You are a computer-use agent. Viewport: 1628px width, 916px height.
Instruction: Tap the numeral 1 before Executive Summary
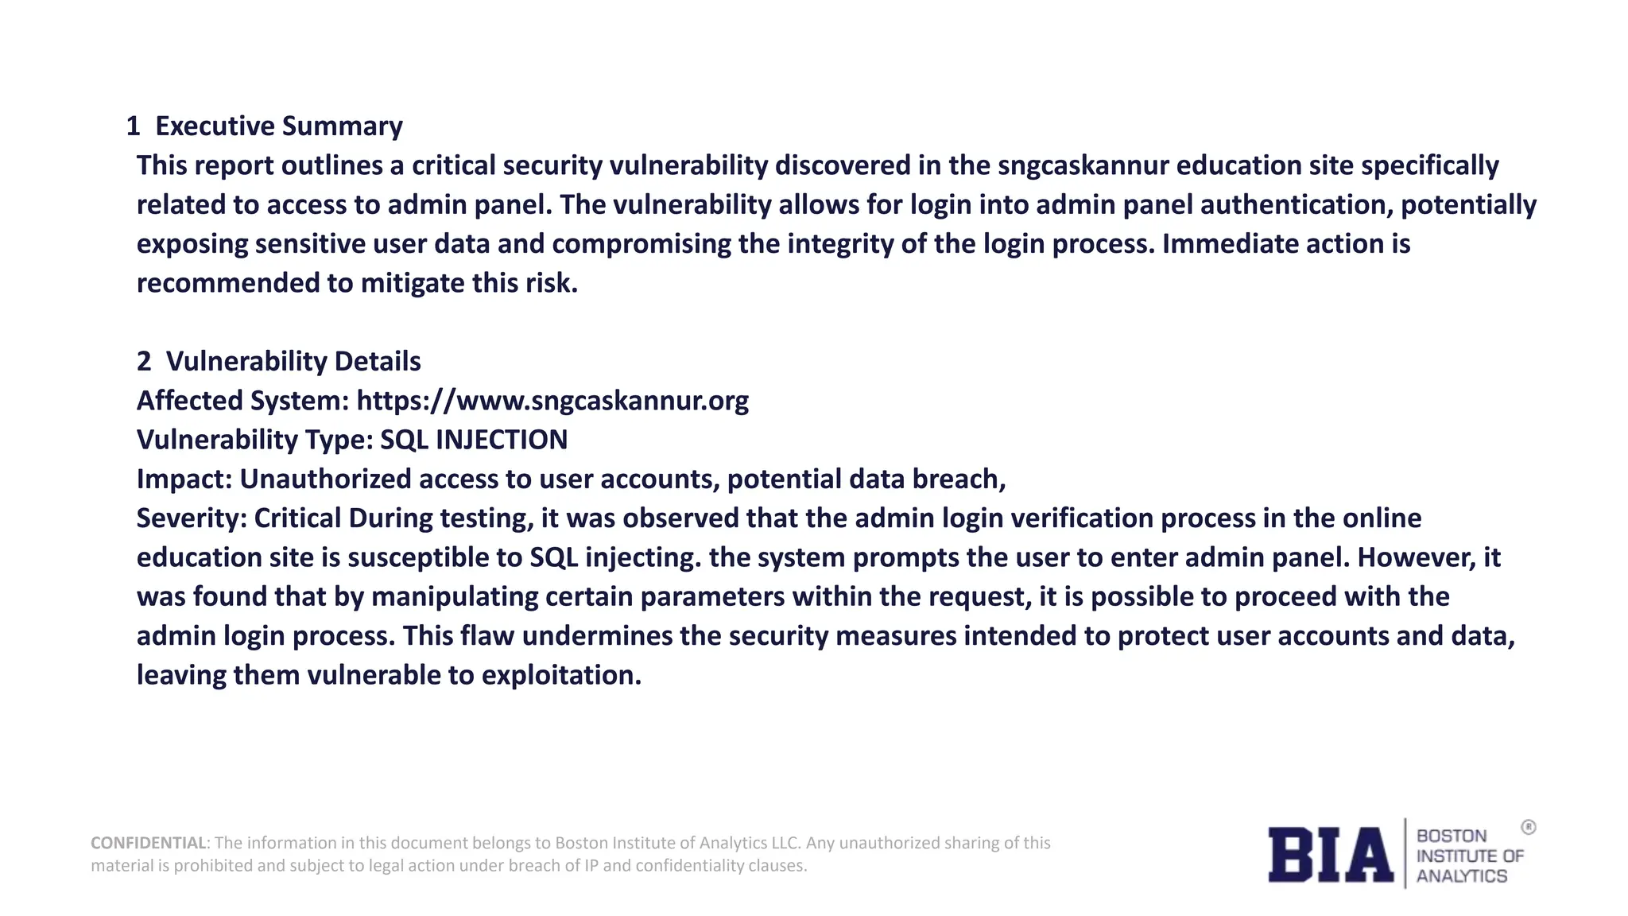coord(133,126)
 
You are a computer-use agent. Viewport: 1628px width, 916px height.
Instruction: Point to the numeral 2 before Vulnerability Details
coord(144,361)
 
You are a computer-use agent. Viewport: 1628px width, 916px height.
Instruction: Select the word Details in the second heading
coord(378,361)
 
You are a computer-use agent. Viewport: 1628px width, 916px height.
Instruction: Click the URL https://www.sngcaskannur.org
coord(552,400)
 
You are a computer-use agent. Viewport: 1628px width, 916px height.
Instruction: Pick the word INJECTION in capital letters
coord(502,440)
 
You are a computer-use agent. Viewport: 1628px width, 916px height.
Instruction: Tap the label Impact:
coord(184,479)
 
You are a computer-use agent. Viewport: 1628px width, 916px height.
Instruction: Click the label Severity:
coord(192,518)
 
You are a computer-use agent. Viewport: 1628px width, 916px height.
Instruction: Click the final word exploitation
coord(561,674)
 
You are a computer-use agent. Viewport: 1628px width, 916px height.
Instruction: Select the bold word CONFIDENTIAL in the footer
coord(149,843)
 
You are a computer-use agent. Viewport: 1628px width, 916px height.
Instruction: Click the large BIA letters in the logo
coord(1331,855)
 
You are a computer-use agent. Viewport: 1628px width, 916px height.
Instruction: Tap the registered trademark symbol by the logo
coord(1529,827)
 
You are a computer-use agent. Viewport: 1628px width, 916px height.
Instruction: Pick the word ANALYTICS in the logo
coord(1462,876)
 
